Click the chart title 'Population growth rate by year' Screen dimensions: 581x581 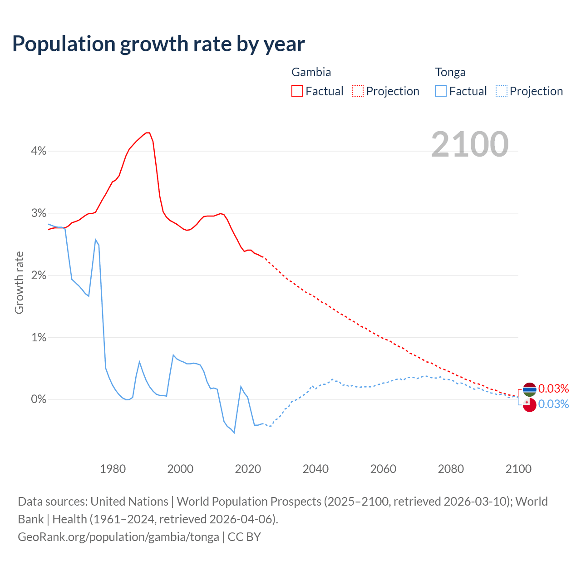pos(158,44)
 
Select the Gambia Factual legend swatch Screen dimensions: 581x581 pos(297,91)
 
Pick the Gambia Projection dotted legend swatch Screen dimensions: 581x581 pos(358,91)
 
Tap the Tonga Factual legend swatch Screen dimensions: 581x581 pos(440,91)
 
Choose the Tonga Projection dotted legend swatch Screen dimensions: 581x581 pos(501,91)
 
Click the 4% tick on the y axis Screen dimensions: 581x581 pos(39,151)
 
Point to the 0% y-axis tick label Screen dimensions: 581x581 pos(39,399)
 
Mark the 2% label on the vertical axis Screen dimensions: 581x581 pos(39,276)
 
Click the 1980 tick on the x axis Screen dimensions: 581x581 pos(113,469)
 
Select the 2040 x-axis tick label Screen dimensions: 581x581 pos(315,469)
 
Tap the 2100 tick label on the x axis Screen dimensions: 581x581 pos(518,469)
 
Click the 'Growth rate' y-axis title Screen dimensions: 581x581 pos(19,282)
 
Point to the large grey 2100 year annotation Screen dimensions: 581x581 pos(469,144)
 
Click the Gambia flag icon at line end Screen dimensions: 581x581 pos(530,389)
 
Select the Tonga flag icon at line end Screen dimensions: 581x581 pos(530,404)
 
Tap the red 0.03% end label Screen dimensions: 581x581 pos(553,389)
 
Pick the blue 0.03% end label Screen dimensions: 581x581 pos(553,404)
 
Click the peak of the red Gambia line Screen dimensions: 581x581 pos(148,133)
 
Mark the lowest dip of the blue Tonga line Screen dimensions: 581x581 pos(234,433)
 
